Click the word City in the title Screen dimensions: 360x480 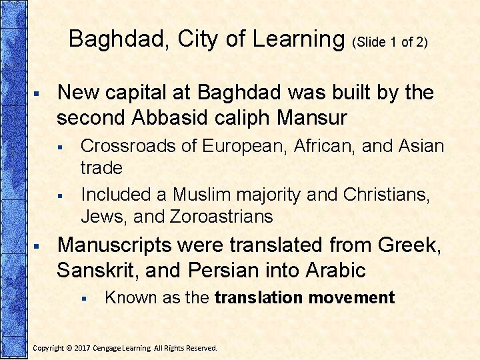(x=201, y=39)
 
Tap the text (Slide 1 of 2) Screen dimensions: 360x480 (x=390, y=42)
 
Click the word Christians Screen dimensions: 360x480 (x=386, y=195)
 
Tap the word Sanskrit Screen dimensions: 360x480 (x=95, y=271)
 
